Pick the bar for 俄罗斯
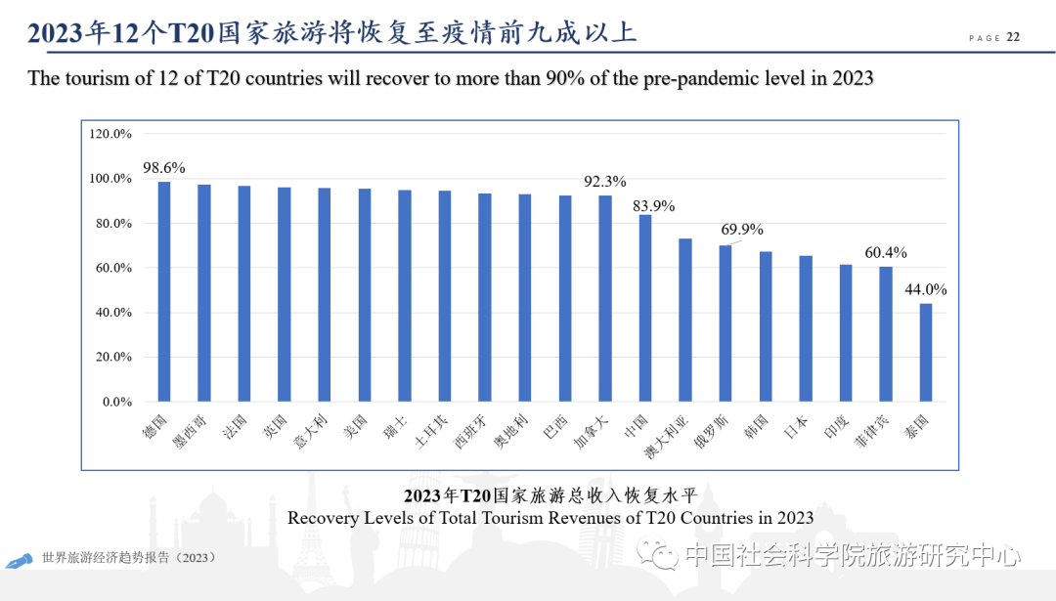click(x=725, y=322)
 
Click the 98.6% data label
click(x=164, y=167)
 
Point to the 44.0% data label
click(x=925, y=289)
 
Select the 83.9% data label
click(x=652, y=206)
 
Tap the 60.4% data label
click(x=885, y=252)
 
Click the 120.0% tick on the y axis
click(x=110, y=134)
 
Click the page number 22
click(x=1013, y=37)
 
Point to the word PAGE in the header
click(x=984, y=38)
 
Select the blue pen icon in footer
click(x=19, y=562)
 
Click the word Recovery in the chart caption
click(x=321, y=518)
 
